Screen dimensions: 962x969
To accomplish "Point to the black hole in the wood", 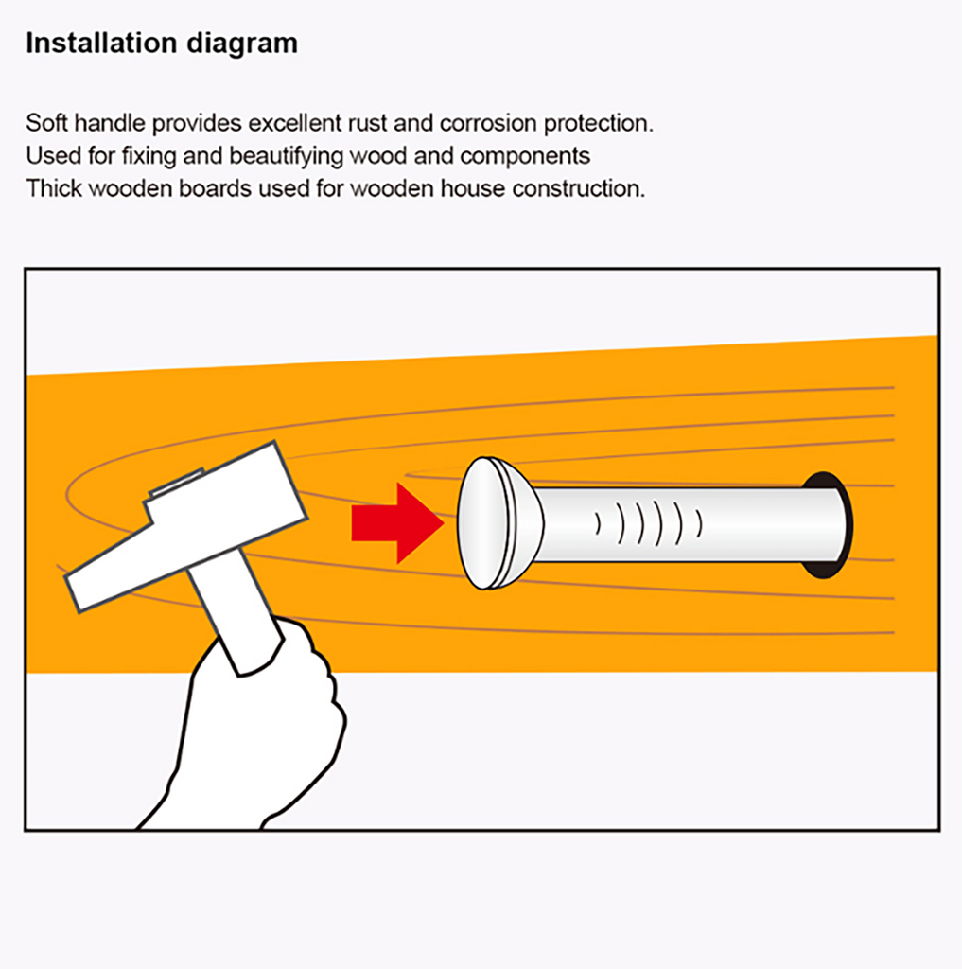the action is (x=828, y=525).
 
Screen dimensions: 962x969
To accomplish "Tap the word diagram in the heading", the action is (x=242, y=44).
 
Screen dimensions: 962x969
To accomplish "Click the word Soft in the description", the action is (x=46, y=123).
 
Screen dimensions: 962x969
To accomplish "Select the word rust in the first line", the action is (x=367, y=124).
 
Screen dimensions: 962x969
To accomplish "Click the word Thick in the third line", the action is (x=54, y=188).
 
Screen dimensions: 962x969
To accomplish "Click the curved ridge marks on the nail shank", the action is (x=649, y=523).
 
